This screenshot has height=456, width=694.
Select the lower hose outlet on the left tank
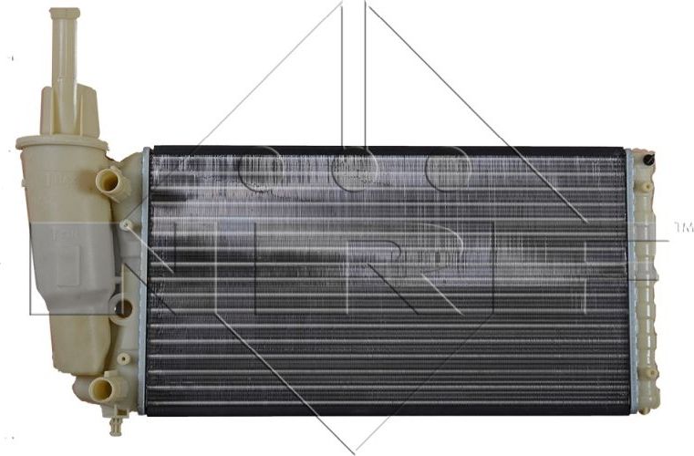tap(108, 389)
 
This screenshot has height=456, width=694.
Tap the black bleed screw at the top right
tap(648, 160)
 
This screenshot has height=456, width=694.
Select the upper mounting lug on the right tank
tap(646, 187)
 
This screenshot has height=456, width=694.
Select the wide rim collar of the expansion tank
tap(61, 142)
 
